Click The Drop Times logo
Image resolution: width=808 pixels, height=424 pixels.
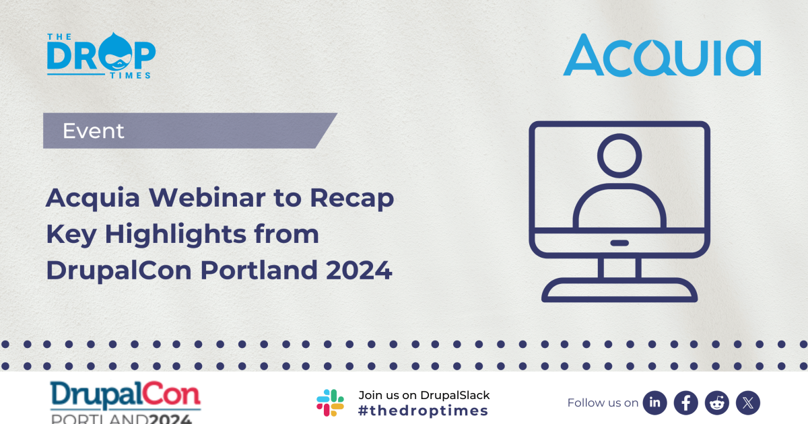(101, 56)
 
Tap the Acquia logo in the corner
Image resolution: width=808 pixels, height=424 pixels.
(662, 56)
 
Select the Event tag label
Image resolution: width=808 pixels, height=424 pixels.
(94, 131)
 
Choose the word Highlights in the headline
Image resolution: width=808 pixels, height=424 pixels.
(191, 234)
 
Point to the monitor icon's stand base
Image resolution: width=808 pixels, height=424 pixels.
(619, 290)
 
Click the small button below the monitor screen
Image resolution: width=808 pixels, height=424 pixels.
(619, 243)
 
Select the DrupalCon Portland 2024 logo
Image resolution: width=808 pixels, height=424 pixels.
(125, 402)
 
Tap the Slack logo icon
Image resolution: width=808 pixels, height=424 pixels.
(330, 402)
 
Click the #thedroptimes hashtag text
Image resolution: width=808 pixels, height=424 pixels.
(424, 411)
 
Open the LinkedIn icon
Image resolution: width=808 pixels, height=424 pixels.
(654, 402)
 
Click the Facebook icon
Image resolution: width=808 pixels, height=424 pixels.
(685, 402)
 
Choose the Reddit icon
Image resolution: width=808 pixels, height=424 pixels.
(716, 402)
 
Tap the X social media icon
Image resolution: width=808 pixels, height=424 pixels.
(747, 402)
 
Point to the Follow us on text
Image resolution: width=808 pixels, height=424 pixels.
(603, 402)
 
